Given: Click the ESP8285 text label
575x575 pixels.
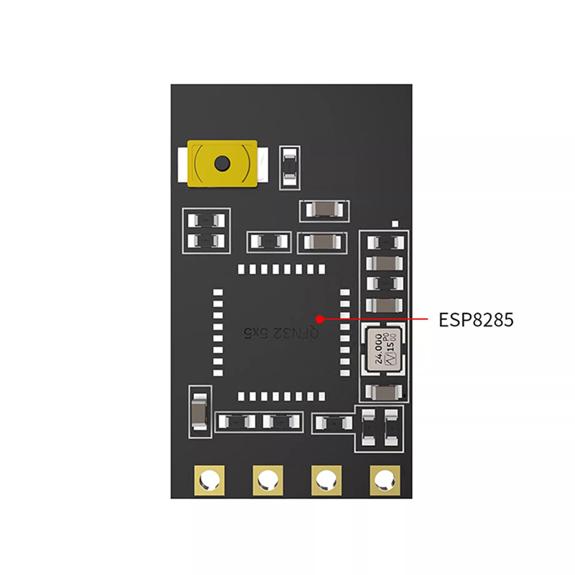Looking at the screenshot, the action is pos(476,320).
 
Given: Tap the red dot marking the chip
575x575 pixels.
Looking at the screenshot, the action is pos(319,319).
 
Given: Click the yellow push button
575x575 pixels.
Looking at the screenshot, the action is pos(222,163).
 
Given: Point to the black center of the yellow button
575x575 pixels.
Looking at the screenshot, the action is pos(222,163).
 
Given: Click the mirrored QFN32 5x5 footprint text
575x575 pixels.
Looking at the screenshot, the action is pos(281,332).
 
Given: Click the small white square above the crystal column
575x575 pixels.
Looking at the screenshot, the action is pos(395,224).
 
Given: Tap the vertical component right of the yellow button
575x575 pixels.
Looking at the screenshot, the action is pos(289,168).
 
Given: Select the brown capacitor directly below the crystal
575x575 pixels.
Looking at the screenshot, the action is pos(384,392).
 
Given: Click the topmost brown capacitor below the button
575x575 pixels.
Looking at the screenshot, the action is pos(324,210).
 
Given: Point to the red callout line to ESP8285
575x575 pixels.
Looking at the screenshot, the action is pos(375,319).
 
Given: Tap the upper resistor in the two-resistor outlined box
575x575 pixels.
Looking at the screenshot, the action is pos(206,220).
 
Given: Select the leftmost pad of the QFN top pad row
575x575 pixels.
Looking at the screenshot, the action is pos(241,270).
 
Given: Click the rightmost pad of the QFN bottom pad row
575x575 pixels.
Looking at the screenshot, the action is pos(322,396).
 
